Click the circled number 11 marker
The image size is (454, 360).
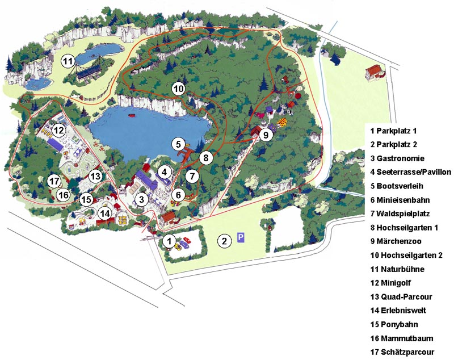pos(68,61)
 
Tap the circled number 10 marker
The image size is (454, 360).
pos(178,89)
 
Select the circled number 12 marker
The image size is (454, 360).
pos(58,130)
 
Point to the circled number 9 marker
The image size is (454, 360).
pos(264,135)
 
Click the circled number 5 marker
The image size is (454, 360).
pos(178,144)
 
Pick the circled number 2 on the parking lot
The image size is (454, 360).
pos(224,241)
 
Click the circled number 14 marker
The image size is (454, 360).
pos(104,214)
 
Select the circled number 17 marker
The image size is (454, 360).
pos(54,182)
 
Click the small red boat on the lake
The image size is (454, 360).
pos(133,115)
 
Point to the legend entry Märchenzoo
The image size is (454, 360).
pos(395,241)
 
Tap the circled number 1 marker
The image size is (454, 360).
pos(169,241)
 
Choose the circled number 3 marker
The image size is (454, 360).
pos(142,199)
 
